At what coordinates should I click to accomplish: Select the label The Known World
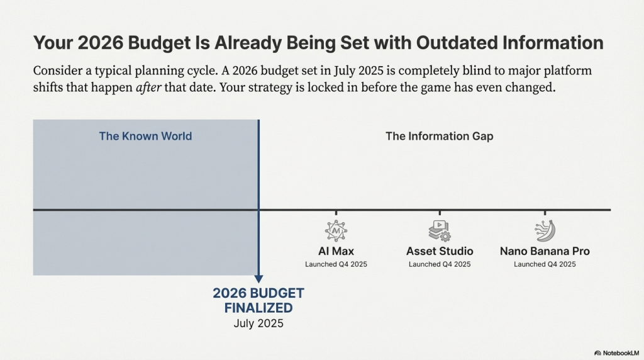click(x=145, y=136)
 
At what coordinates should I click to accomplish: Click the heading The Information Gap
click(x=439, y=136)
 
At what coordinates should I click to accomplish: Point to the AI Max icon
click(x=336, y=231)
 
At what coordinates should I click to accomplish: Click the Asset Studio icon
click(x=440, y=231)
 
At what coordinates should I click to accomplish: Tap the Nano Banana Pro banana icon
click(x=545, y=231)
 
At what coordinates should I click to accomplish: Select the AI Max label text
click(x=336, y=251)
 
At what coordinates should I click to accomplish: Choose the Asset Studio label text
click(x=440, y=251)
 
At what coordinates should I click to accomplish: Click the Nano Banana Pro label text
click(x=545, y=251)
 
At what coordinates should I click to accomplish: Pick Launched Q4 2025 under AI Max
click(x=336, y=264)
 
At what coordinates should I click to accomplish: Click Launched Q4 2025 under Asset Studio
click(x=440, y=264)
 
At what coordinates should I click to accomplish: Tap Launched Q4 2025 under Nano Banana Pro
click(x=545, y=264)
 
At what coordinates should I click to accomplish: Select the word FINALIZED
click(x=258, y=308)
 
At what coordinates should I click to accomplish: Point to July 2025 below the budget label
click(x=258, y=324)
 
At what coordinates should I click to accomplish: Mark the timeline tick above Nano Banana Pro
click(x=545, y=213)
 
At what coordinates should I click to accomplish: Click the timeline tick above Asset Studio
click(x=440, y=213)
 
